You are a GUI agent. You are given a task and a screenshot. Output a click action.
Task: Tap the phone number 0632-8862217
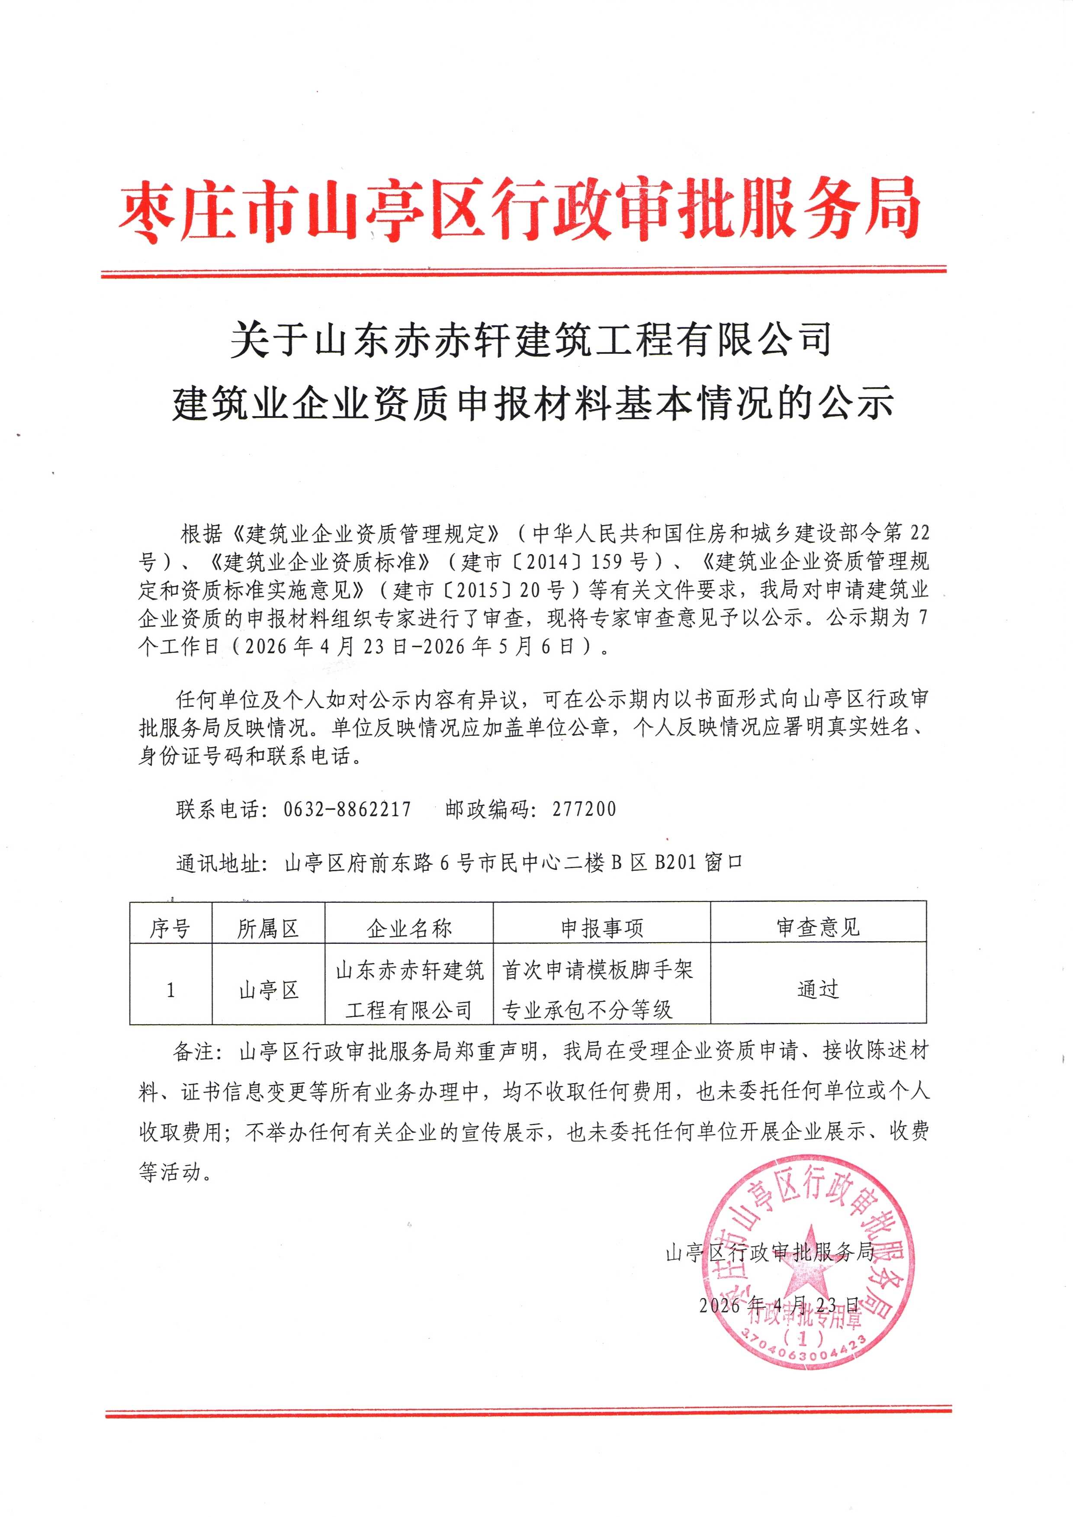(x=347, y=809)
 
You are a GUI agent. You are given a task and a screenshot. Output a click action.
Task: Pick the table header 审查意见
(x=818, y=928)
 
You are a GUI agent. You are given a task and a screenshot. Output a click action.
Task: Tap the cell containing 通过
(x=818, y=989)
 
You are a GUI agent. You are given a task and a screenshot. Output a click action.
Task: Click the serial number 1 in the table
(x=170, y=990)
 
